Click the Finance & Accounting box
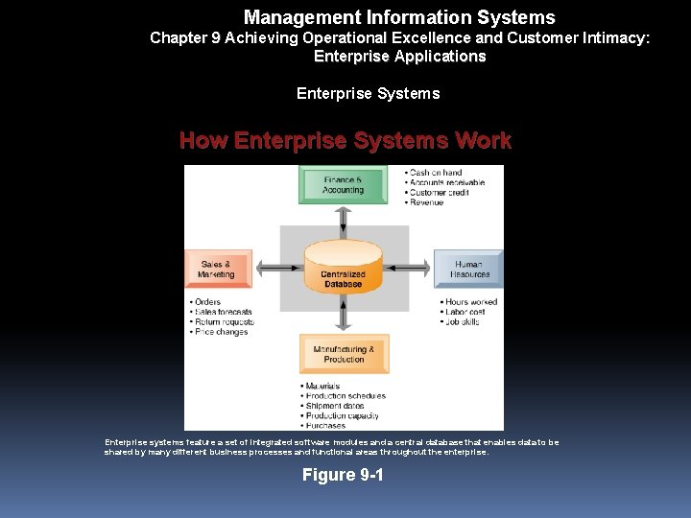coord(343,184)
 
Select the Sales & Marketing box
coord(217,269)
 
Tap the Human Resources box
coord(469,269)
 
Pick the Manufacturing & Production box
coord(344,354)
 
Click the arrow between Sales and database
coord(276,269)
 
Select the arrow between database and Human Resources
coord(410,269)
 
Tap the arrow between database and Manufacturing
coord(344,316)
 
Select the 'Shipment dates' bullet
coord(335,406)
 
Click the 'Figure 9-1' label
coord(343,475)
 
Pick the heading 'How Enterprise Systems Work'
coord(345,141)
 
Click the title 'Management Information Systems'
coord(399,17)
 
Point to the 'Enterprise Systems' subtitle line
coord(368,93)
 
